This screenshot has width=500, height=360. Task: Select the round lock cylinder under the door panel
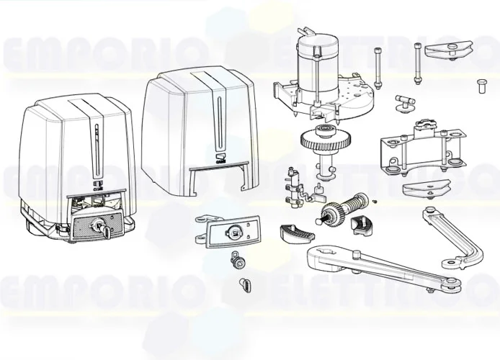coord(234,259)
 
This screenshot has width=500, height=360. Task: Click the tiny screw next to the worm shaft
coord(375,203)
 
